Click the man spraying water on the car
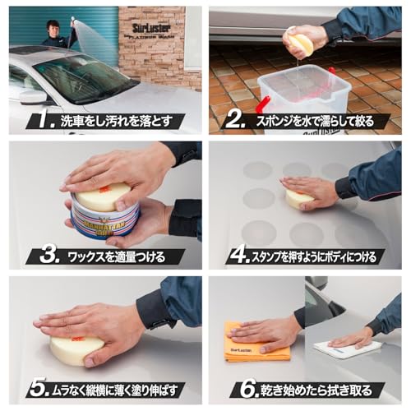[55, 35]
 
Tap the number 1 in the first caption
[38, 122]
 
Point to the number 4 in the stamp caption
[239, 256]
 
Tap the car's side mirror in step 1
[34, 96]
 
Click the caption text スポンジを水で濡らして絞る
[321, 122]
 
